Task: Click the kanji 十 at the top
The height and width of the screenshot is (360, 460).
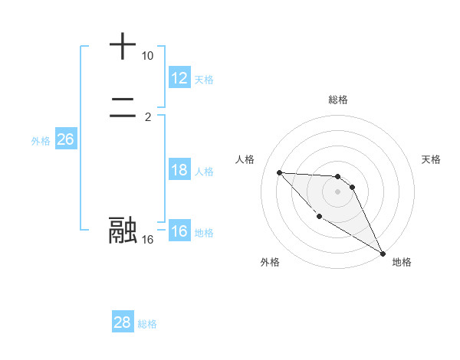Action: (x=123, y=46)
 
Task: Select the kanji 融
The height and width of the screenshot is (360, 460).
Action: (x=123, y=230)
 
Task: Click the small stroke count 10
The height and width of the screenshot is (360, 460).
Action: (x=147, y=56)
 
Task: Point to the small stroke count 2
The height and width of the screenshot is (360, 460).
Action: (x=147, y=117)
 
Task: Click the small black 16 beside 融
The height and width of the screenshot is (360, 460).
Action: (x=147, y=240)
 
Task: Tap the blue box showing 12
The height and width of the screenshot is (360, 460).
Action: (x=179, y=78)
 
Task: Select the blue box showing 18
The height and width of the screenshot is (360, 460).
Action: (x=179, y=170)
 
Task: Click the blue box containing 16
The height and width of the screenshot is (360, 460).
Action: (x=179, y=231)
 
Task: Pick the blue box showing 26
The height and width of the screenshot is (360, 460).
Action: (x=65, y=139)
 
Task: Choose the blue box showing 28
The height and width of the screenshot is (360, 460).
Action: (x=122, y=322)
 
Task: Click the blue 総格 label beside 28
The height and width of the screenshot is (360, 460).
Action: (x=147, y=324)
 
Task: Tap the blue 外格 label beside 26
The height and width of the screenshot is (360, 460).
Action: (x=41, y=141)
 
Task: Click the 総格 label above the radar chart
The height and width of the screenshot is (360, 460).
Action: (x=338, y=100)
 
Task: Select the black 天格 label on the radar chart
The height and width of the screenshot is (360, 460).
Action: (x=431, y=159)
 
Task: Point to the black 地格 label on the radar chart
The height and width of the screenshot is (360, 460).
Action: (x=402, y=262)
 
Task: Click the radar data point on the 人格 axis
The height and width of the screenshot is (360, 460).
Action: (x=279, y=172)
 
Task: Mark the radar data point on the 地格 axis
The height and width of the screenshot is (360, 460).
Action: (x=383, y=254)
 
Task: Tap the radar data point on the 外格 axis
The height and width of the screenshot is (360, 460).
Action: (x=319, y=217)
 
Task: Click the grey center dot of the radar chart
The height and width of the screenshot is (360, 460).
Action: (x=337, y=191)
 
